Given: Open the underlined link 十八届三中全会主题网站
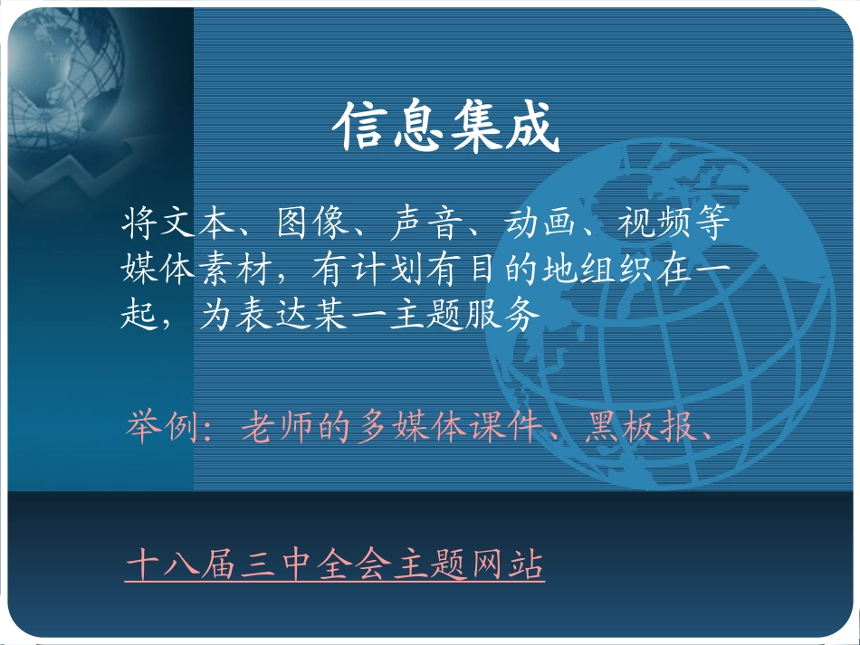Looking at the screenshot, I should coord(335,566).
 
